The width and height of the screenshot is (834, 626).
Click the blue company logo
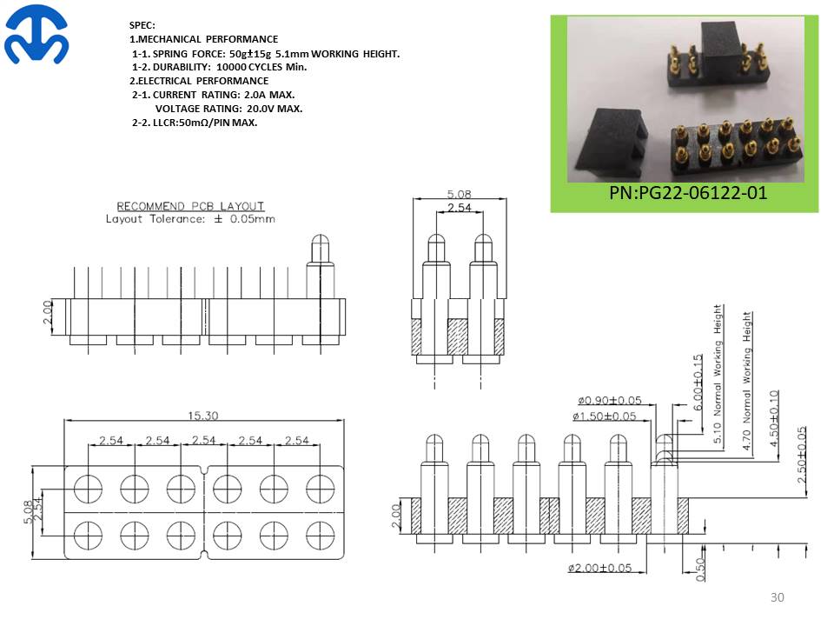coord(36,35)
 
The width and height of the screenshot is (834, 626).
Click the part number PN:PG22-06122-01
coord(688,193)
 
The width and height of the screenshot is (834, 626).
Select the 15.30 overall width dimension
coord(203,416)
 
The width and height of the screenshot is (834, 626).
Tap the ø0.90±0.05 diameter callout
coord(610,400)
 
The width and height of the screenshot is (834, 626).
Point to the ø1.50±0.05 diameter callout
coord(605,416)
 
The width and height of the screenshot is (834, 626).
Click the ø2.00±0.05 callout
coord(600,568)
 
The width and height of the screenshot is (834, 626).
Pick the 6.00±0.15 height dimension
coord(698,383)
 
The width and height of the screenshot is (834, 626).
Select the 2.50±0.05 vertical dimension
coord(802,455)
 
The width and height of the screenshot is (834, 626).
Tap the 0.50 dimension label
coord(700,569)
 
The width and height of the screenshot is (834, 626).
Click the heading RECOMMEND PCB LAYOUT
coord(190,206)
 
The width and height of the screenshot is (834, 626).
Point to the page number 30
coord(777,597)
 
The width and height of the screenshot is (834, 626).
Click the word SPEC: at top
coord(142,25)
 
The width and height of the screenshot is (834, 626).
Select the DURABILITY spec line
coord(219,67)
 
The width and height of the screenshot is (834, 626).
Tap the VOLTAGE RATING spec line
coord(228,109)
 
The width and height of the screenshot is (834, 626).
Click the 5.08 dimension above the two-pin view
coord(459,194)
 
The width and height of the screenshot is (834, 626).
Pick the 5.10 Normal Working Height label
coord(718,374)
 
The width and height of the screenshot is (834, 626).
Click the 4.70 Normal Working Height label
coord(747,381)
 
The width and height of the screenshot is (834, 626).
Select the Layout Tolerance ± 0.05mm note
coord(190,219)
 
